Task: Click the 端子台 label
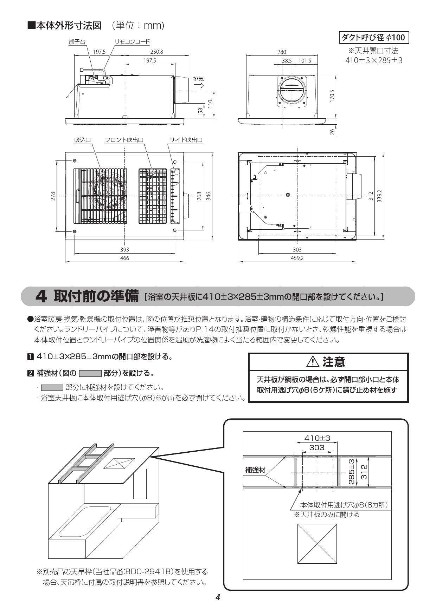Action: pos(77,42)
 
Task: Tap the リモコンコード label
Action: pos(132,42)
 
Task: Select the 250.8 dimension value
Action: pos(156,52)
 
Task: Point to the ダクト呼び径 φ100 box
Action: pos(373,37)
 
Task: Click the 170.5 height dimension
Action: pos(332,96)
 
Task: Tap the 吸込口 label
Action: pos(82,140)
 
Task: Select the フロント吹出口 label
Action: pos(124,140)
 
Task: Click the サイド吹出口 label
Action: pos(186,140)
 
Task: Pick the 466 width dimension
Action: pos(124,258)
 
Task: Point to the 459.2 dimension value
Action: pos(297,258)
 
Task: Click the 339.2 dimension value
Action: pos(379,196)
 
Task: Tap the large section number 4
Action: pos(41,297)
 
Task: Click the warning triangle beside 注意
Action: pos(312,362)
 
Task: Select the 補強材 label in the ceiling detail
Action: pos(255,470)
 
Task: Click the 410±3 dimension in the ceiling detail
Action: pos(317,438)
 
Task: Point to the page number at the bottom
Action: pos(218,597)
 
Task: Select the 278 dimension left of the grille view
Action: pos(53,196)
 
